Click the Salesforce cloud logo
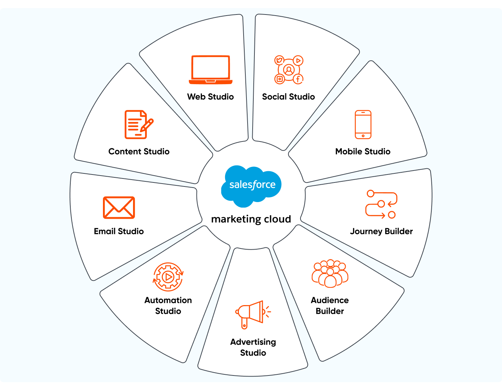click(x=252, y=185)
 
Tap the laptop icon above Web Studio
click(x=211, y=69)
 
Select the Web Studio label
click(x=211, y=97)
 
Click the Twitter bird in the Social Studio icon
click(x=279, y=60)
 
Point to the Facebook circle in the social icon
click(x=298, y=79)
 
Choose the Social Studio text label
click(x=289, y=97)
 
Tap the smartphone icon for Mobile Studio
click(x=363, y=124)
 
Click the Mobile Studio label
click(x=363, y=152)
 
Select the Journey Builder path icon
click(x=381, y=204)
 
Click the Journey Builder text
click(x=381, y=231)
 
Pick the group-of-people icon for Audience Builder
click(x=330, y=274)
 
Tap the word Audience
click(x=330, y=300)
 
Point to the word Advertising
click(x=253, y=342)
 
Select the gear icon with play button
click(x=168, y=277)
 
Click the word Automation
click(x=168, y=300)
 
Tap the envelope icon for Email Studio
click(x=119, y=208)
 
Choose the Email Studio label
click(x=119, y=231)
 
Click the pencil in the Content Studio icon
click(x=147, y=125)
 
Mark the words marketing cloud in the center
click(x=251, y=219)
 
